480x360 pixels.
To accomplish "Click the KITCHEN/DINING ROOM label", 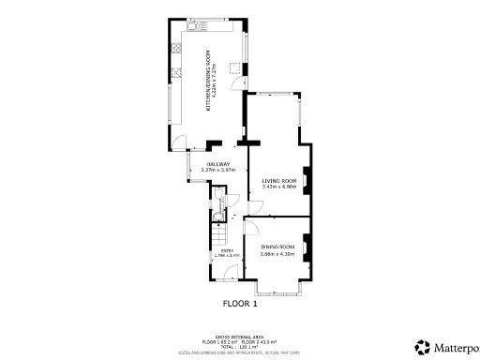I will (x=209, y=81).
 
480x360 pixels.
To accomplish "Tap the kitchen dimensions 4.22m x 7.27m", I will (x=217, y=81).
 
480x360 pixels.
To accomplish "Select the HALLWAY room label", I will (x=218, y=164).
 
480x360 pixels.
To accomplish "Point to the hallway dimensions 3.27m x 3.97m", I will (x=218, y=170).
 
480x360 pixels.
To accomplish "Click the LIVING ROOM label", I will (x=279, y=181).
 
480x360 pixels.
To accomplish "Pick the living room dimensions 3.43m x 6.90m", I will (x=279, y=187).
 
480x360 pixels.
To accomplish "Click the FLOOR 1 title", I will (x=240, y=304).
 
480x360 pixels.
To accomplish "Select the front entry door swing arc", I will (x=228, y=273).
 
